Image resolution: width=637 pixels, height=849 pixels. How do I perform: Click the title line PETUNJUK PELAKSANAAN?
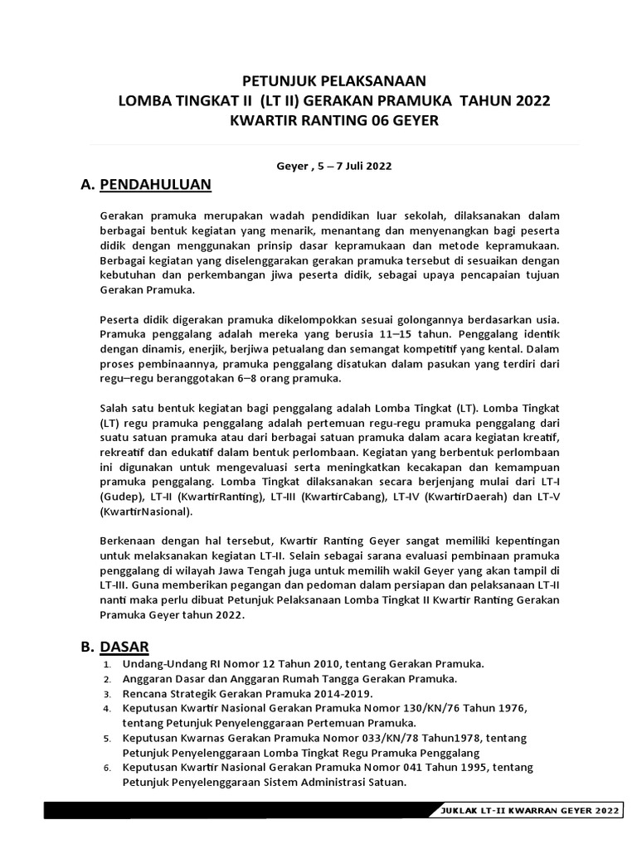coord(333,80)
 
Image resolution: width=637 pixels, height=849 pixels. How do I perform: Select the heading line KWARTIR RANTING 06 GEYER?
coord(333,121)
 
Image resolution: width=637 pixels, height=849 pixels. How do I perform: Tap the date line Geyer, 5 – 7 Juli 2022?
coord(333,165)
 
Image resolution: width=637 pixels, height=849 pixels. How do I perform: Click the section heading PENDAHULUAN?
coord(156,184)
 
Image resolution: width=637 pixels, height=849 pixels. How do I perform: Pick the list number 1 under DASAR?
coord(106,665)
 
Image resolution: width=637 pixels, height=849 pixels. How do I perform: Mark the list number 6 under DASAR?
coord(106,768)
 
